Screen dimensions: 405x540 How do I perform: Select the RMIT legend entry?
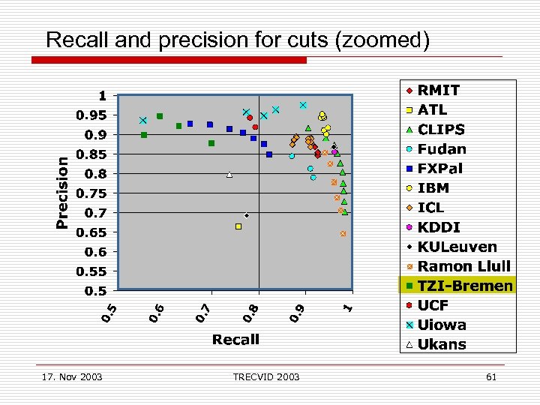pyautogui.click(x=439, y=90)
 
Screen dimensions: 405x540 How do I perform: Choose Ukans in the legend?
pyautogui.click(x=442, y=345)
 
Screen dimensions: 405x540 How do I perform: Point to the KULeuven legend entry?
pyautogui.click(x=457, y=247)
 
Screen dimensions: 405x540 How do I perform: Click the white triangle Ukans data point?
pyautogui.click(x=229, y=175)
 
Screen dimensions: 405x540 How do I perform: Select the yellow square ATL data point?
pyautogui.click(x=238, y=226)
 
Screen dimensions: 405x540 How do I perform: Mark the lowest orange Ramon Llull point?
pyautogui.click(x=343, y=234)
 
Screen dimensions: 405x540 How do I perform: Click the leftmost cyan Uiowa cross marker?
pyautogui.click(x=142, y=121)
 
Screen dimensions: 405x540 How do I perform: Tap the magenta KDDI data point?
pyautogui.click(x=334, y=152)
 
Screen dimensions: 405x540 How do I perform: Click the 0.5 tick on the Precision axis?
pyautogui.click(x=95, y=290)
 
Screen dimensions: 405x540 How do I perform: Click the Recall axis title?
pyautogui.click(x=235, y=340)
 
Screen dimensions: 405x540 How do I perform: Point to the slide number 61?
pyautogui.click(x=491, y=376)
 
